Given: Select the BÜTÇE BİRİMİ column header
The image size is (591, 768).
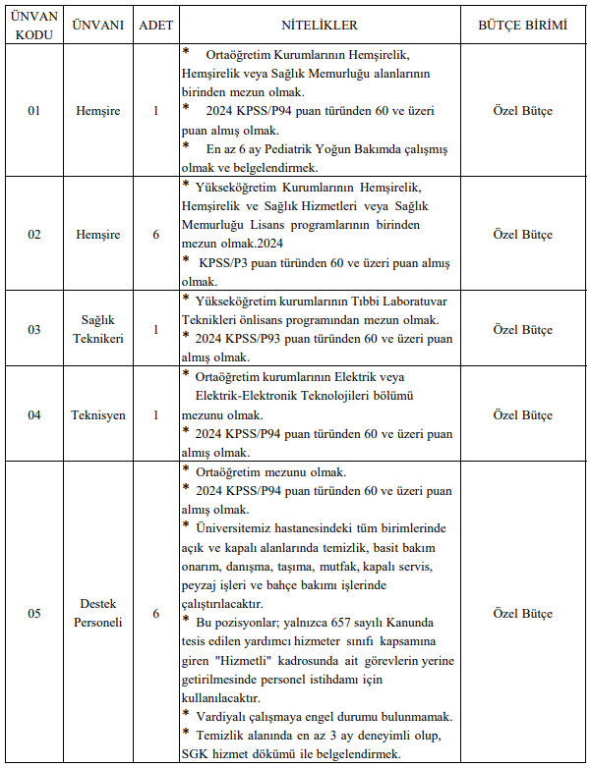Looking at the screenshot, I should click(x=522, y=25).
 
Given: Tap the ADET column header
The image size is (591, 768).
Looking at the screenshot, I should click(x=155, y=25).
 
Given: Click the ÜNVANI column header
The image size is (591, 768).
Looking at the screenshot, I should click(x=98, y=25).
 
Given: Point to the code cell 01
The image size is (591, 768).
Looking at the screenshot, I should click(x=34, y=111).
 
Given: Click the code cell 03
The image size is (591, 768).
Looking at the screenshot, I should click(x=34, y=329).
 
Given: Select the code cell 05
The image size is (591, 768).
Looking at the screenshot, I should click(x=34, y=614).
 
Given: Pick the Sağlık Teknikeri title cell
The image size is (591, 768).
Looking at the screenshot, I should click(x=98, y=329).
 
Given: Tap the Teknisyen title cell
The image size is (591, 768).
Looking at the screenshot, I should click(x=98, y=414).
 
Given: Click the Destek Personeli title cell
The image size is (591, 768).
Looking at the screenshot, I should click(x=98, y=614).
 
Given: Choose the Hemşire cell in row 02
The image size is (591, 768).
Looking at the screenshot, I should click(x=98, y=235).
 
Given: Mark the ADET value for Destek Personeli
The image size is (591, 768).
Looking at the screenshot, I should click(x=155, y=614).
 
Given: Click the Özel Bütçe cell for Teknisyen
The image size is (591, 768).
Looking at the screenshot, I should click(x=522, y=414).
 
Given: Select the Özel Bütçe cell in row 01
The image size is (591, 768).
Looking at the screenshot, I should click(x=522, y=111).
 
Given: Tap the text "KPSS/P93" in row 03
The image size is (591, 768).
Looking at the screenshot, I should click(x=262, y=338).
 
